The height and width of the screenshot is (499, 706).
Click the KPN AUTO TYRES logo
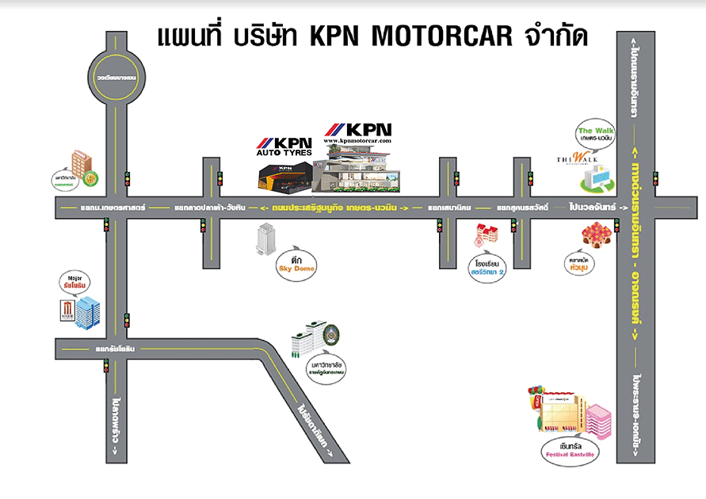[x=283, y=147]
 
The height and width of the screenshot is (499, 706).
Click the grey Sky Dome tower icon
[x=264, y=238]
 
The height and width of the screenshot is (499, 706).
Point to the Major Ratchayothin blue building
[x=85, y=313]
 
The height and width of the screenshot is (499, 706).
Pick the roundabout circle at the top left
[x=116, y=78]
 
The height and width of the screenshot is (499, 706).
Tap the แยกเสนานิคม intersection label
[x=449, y=208]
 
